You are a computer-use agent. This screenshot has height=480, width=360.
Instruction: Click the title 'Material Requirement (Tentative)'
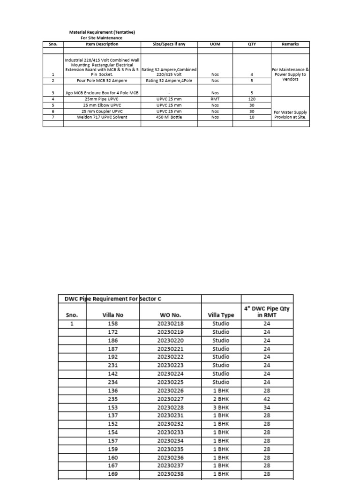[102, 32]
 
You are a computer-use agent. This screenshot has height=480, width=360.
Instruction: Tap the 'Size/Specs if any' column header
[169, 44]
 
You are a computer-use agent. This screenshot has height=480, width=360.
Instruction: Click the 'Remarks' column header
[290, 44]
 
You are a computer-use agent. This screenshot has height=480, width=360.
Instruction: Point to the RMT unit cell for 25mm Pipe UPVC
[215, 99]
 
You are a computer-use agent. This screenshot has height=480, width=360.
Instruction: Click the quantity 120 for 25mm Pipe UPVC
[252, 99]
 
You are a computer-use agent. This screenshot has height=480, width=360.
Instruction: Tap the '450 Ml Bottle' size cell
[169, 117]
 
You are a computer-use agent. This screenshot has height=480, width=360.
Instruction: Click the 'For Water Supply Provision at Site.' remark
[290, 114]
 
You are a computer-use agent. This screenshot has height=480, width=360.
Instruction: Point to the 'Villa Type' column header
[221, 315]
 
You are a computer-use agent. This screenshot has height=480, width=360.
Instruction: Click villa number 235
[113, 399]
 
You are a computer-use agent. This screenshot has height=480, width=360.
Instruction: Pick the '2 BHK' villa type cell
[221, 399]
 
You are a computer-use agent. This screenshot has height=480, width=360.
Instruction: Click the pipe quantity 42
[267, 399]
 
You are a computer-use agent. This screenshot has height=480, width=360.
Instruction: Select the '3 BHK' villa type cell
[221, 407]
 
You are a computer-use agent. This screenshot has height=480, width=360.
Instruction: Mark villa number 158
[113, 323]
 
